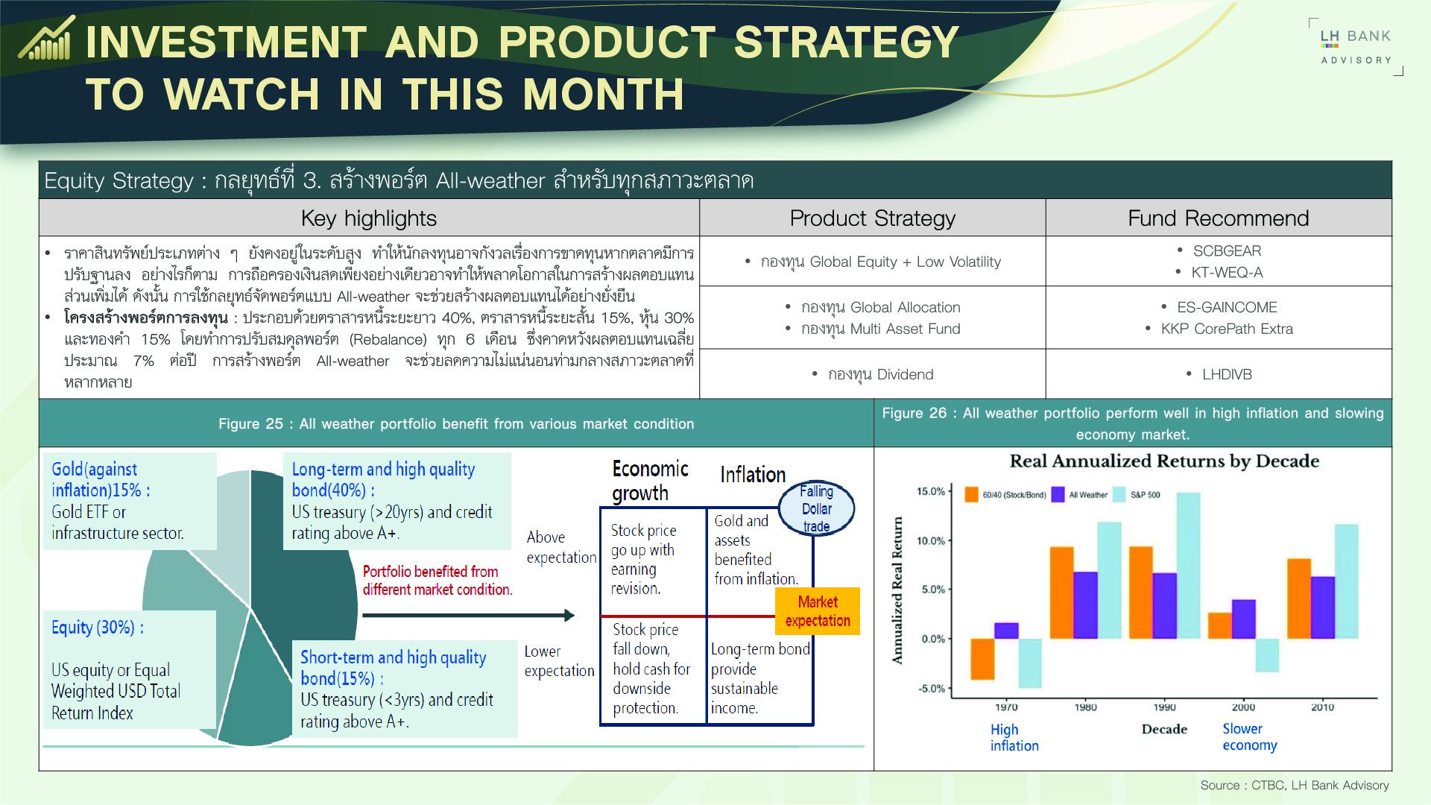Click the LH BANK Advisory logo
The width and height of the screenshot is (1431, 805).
(1356, 46)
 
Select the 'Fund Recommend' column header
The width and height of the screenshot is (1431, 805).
(1218, 218)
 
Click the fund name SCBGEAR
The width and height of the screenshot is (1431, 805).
(1227, 251)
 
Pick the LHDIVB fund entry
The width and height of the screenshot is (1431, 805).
(1227, 374)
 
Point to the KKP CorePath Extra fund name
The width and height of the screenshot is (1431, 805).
(1227, 329)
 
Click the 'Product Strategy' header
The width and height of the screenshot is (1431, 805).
(872, 218)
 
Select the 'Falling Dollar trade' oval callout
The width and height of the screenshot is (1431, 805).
(817, 508)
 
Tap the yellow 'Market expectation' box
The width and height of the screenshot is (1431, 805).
(818, 611)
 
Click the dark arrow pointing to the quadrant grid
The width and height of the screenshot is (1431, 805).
(469, 616)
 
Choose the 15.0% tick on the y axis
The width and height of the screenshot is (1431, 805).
(931, 491)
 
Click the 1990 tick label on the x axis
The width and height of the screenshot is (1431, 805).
(1164, 707)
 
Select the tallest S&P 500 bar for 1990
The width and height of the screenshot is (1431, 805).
(1188, 566)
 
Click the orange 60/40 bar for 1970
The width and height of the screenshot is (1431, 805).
(982, 659)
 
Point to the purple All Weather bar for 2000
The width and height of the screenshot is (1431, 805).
(1244, 619)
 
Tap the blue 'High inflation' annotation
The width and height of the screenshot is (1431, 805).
(1014, 738)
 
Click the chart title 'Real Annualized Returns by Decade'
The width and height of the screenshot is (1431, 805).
(1164, 461)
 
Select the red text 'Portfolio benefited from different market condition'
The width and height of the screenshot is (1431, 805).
(437, 581)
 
